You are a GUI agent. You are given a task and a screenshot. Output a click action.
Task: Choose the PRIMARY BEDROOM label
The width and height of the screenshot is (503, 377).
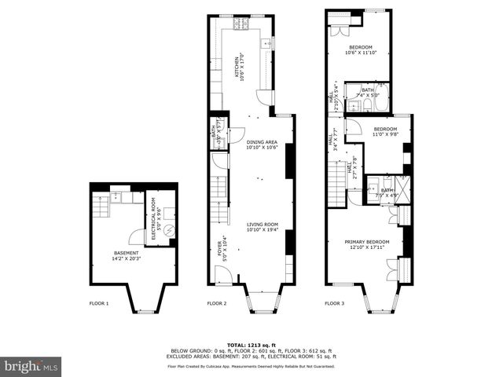pyautogui.click(x=368, y=244)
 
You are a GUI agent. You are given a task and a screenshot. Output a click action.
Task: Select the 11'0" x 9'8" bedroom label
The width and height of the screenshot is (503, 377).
pyautogui.click(x=384, y=131)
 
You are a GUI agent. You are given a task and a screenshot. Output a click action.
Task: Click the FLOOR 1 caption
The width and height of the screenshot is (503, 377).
pyautogui.click(x=99, y=303)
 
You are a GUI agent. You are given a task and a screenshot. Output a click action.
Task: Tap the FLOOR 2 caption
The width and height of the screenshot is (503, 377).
pyautogui.click(x=217, y=303)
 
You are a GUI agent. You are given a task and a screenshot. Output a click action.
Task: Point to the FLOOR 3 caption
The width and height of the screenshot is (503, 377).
pyautogui.click(x=336, y=303)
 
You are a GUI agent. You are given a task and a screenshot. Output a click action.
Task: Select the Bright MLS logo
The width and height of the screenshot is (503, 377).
pyautogui.click(x=31, y=366)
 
